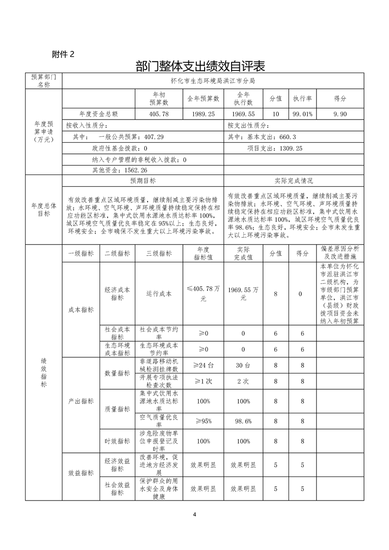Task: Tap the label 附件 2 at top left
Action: click(x=63, y=54)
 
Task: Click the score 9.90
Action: click(x=340, y=114)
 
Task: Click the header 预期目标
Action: click(x=143, y=181)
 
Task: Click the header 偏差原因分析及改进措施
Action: click(x=340, y=253)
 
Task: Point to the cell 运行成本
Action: click(x=159, y=294)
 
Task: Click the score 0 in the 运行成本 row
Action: click(x=300, y=294)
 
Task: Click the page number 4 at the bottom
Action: click(x=195, y=514)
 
